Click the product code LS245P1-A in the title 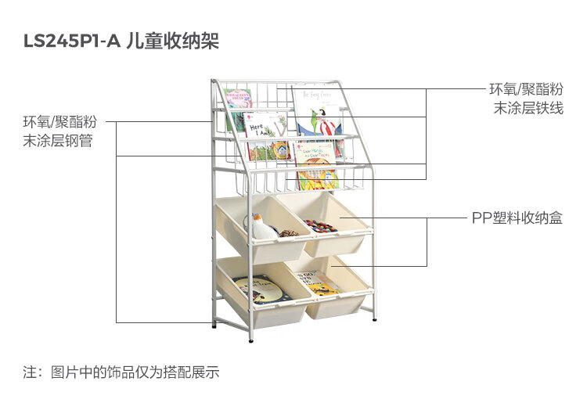[72, 41]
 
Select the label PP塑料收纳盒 [517, 218]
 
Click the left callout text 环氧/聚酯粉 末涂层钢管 [59, 131]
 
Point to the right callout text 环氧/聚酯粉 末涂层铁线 [526, 99]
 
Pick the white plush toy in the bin [262, 228]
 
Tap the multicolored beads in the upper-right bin [320, 226]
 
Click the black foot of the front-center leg [250, 338]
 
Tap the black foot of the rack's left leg [214, 324]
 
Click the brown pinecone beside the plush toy [289, 232]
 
